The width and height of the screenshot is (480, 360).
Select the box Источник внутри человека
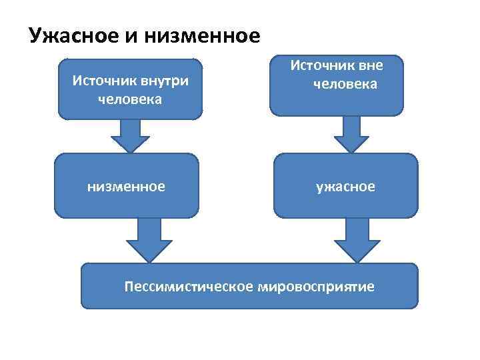pyautogui.click(x=130, y=89)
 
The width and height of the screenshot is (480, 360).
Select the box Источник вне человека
pyautogui.click(x=337, y=85)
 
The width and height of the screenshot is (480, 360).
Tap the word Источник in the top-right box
pyautogui.click(x=322, y=65)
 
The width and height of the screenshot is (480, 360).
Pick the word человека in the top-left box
pyautogui.click(x=130, y=99)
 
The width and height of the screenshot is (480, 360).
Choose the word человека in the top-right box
pyautogui.click(x=347, y=84)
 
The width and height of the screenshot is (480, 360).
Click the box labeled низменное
pyautogui.click(x=127, y=187)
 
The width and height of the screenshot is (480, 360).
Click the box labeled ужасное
pyautogui.click(x=345, y=187)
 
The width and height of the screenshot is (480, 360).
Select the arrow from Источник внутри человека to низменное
pyautogui.click(x=130, y=136)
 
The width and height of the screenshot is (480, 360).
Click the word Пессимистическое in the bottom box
pyautogui.click(x=188, y=287)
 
